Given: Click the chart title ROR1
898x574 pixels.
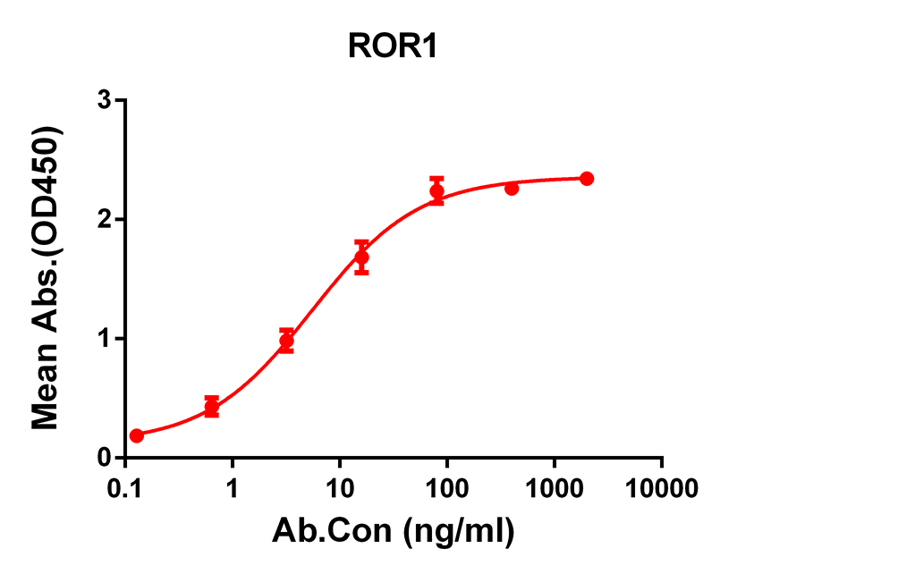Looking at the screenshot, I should point(393,47).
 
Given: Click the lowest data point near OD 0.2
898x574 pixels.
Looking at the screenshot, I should point(137,435).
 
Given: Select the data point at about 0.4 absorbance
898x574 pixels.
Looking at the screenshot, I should point(212,407).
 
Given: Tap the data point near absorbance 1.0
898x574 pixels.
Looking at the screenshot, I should point(286,341).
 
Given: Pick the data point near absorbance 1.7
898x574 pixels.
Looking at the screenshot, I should point(361,257).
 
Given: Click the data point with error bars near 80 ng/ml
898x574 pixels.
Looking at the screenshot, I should point(436,190).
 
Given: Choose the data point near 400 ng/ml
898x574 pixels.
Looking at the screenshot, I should point(512,188).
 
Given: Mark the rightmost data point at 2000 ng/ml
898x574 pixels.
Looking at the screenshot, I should point(587,179).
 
